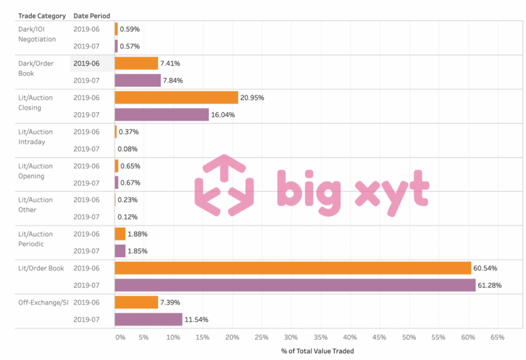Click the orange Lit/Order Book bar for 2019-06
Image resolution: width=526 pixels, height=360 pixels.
click(x=293, y=268)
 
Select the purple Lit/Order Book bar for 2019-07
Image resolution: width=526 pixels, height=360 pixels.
click(x=295, y=285)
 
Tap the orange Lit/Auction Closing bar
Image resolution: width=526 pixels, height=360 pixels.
click(x=176, y=97)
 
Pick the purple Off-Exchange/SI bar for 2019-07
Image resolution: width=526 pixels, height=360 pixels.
click(x=148, y=319)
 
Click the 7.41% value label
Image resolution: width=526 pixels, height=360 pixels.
click(x=171, y=64)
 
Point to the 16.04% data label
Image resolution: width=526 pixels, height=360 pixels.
click(x=223, y=115)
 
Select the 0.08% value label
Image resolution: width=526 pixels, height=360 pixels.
click(x=128, y=149)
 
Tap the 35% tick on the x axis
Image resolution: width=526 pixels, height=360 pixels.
click(x=320, y=337)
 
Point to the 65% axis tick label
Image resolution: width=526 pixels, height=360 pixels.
click(x=497, y=337)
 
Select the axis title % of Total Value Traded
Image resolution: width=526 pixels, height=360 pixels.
click(x=317, y=351)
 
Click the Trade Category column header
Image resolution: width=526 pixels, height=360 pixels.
click(x=42, y=16)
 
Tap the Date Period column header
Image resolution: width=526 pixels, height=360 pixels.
click(x=92, y=16)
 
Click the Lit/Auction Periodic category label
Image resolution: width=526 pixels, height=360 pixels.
click(x=36, y=239)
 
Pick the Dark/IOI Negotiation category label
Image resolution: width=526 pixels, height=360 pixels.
click(x=37, y=34)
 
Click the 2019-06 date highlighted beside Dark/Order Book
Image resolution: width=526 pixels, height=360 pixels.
click(x=86, y=64)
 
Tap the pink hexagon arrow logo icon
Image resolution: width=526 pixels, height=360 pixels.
click(x=224, y=185)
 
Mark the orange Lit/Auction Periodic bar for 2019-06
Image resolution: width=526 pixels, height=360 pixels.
click(x=120, y=234)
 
